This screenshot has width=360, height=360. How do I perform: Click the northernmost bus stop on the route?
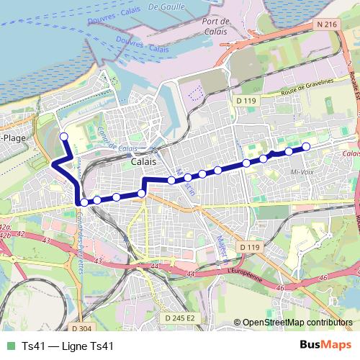63,136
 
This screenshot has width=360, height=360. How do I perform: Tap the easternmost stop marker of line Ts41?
305,147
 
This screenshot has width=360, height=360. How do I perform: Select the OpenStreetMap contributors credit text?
297,323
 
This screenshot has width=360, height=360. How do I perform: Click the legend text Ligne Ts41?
89,346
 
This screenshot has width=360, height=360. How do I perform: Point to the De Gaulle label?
164,6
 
